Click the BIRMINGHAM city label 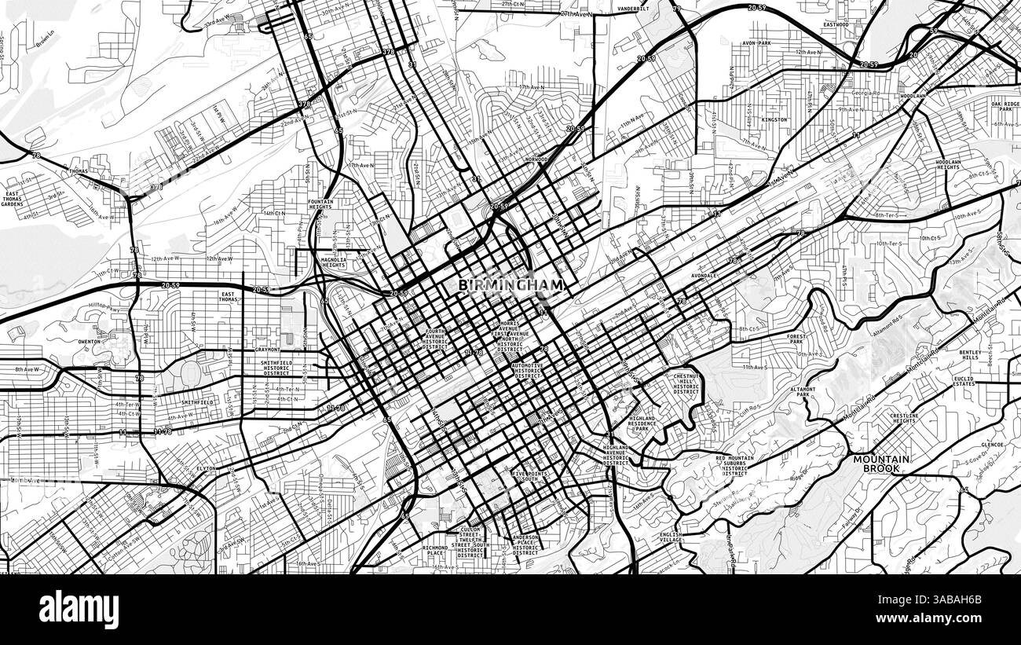click(510, 285)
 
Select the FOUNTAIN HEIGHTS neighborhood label click(320, 204)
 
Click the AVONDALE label click(704, 276)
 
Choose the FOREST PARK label click(796, 339)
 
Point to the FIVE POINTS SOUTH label click(534, 477)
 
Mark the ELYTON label click(206, 468)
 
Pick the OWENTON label click(89, 342)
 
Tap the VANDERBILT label click(631, 9)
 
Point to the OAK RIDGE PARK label click(1005, 107)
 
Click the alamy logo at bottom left click(79, 610)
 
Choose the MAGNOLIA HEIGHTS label click(334, 262)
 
